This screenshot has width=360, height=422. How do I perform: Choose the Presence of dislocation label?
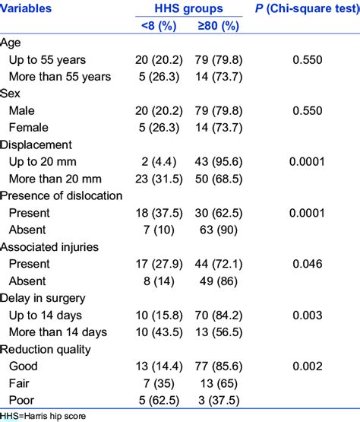pyautogui.click(x=62, y=195)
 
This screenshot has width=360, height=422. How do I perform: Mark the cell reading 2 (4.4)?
pyautogui.click(x=159, y=161)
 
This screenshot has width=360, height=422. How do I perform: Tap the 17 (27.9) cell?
pyautogui.click(x=159, y=264)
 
